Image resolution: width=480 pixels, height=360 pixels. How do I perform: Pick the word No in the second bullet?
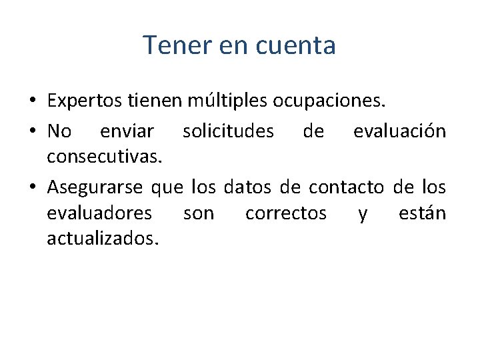pos(59,131)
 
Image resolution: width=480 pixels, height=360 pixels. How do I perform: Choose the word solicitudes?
pos(228,131)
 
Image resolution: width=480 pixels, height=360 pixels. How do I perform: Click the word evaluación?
pos(399,131)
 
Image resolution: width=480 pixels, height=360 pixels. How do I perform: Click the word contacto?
pos(347,187)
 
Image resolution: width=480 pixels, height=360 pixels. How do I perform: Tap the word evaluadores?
pos(99,213)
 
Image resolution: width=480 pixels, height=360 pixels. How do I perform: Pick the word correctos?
pos(286,213)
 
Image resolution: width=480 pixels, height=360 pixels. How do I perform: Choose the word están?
pos(422,213)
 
